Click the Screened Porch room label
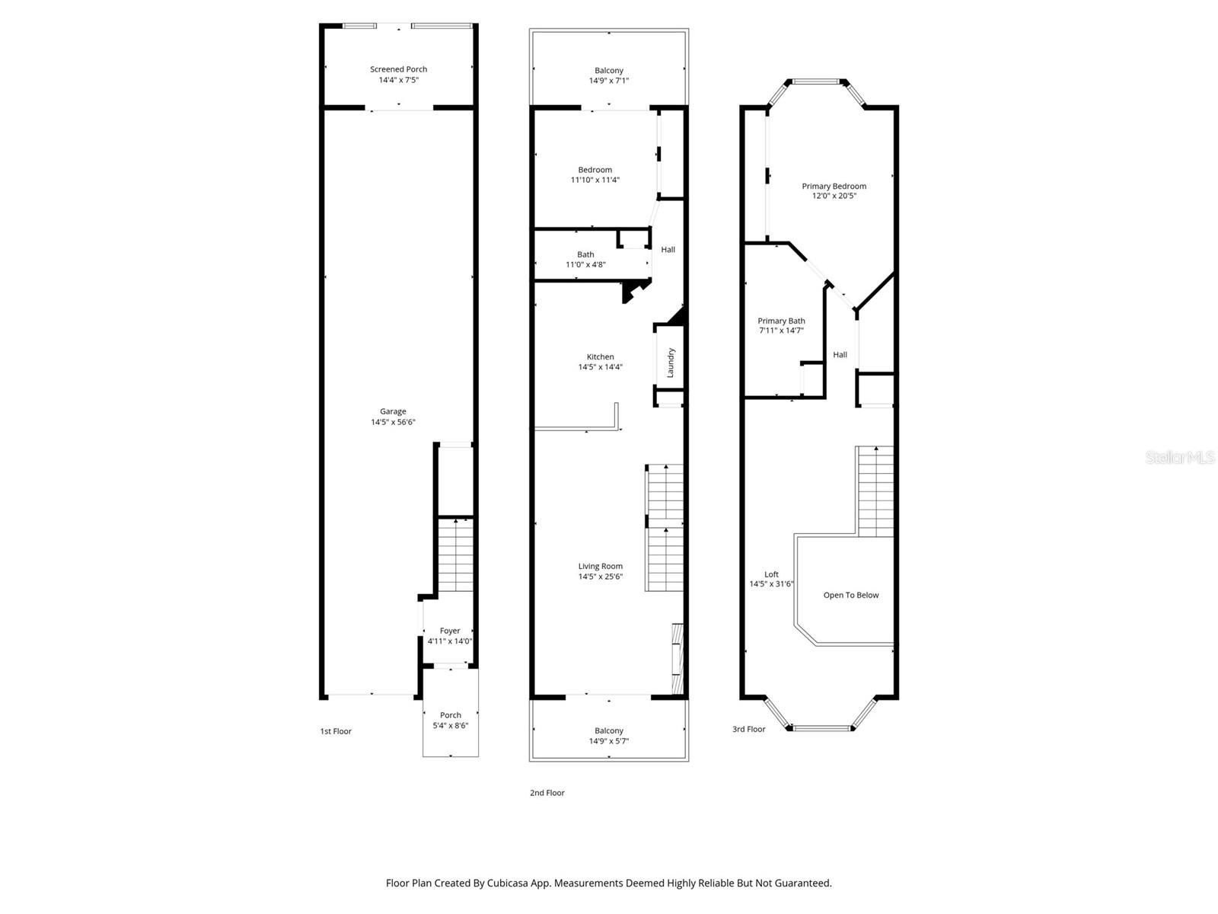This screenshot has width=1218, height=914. coord(398,69)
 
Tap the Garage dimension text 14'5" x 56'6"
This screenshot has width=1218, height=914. coord(393,422)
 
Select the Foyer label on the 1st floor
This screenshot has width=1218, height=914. coord(450,631)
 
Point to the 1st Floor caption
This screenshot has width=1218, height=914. coord(336,731)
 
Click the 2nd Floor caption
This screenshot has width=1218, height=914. coord(547,793)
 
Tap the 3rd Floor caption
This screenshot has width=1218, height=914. coord(748,729)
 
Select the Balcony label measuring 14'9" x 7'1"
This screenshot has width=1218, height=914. coord(608,71)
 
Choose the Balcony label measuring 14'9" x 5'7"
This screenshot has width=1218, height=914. coord(608,731)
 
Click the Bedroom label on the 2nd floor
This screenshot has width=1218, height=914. coord(595,170)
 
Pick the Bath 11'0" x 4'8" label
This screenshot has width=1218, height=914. coord(585,255)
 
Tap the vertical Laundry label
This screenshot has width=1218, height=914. coord(671,363)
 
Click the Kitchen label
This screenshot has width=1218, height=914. coord(600,356)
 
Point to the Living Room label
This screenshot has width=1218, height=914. coord(600,566)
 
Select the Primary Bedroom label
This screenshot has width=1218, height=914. coord(834,186)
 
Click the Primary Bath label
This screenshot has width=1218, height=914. coord(781,321)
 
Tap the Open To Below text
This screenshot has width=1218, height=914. coord(850,595)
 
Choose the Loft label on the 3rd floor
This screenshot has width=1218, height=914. coord(771,574)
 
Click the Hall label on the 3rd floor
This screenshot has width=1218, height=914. coord(840,354)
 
